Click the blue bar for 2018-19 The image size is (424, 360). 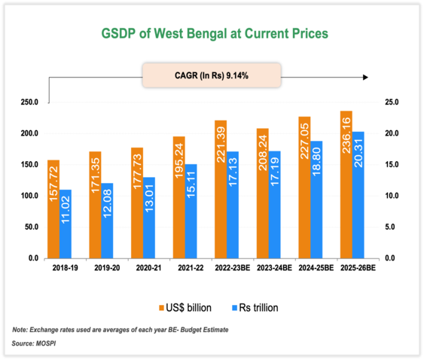click(66, 224)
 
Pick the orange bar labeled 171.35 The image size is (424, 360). click(95, 204)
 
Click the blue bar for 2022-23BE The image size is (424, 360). click(233, 205)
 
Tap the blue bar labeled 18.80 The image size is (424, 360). click(317, 200)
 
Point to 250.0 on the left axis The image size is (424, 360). click(29, 102)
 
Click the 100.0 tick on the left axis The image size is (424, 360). click(29, 196)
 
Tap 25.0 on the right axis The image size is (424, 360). click(393, 102)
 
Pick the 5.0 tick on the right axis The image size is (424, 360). click(393, 227)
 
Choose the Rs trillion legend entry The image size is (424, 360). click(255, 307)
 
